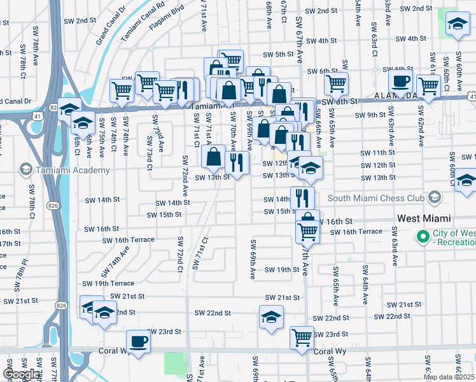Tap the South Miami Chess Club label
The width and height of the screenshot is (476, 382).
(x=375, y=197)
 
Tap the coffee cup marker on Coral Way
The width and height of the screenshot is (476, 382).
(x=138, y=341)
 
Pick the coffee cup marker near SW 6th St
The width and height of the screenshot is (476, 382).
(x=400, y=81)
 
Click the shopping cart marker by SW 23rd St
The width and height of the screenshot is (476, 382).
(x=302, y=337)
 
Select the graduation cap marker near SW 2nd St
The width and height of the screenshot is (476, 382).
(x=456, y=25)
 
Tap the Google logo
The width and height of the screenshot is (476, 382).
(x=21, y=374)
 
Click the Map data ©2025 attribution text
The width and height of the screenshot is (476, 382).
(x=449, y=377)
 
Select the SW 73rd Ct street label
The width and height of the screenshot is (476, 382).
(x=150, y=159)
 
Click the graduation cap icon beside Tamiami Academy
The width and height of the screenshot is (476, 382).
(x=26, y=169)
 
